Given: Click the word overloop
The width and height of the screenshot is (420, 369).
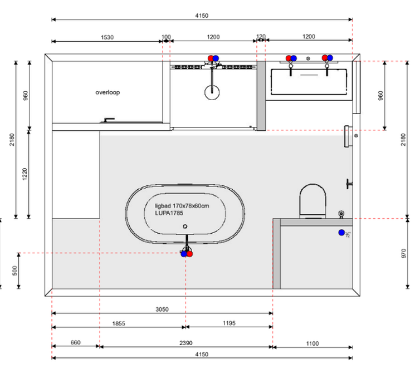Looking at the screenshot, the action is click(108, 92).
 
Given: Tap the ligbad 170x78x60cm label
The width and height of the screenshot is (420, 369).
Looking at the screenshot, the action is click(182, 206).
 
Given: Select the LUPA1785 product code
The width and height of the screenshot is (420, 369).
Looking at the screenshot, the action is click(169, 213).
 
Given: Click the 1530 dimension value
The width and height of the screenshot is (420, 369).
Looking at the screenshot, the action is click(107, 37).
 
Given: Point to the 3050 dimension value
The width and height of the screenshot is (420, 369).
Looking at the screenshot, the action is click(162, 309).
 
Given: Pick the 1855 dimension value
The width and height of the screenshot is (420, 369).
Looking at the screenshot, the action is click(119, 323).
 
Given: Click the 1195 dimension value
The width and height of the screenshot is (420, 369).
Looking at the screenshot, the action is click(229, 323).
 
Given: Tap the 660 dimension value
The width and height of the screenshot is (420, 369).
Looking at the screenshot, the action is click(76, 342).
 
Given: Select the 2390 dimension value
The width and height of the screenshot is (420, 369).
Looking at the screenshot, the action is click(186, 343).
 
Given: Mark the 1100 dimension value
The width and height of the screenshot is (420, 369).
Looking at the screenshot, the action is click(312, 343).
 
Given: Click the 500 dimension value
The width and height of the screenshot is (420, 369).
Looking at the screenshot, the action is click(14, 270).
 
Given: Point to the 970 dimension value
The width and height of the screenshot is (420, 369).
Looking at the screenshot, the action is click(404, 253).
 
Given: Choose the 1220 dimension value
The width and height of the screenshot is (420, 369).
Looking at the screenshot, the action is click(25, 174).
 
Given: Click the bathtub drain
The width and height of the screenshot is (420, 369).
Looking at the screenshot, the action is click(185, 227).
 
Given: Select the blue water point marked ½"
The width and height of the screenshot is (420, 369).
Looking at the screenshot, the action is click(341, 233).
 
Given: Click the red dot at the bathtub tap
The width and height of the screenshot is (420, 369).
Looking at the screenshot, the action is click(189, 254).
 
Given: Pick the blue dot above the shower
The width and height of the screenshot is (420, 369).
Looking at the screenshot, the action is click(216, 58).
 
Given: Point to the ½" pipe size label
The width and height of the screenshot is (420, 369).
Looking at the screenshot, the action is click(348, 235).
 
